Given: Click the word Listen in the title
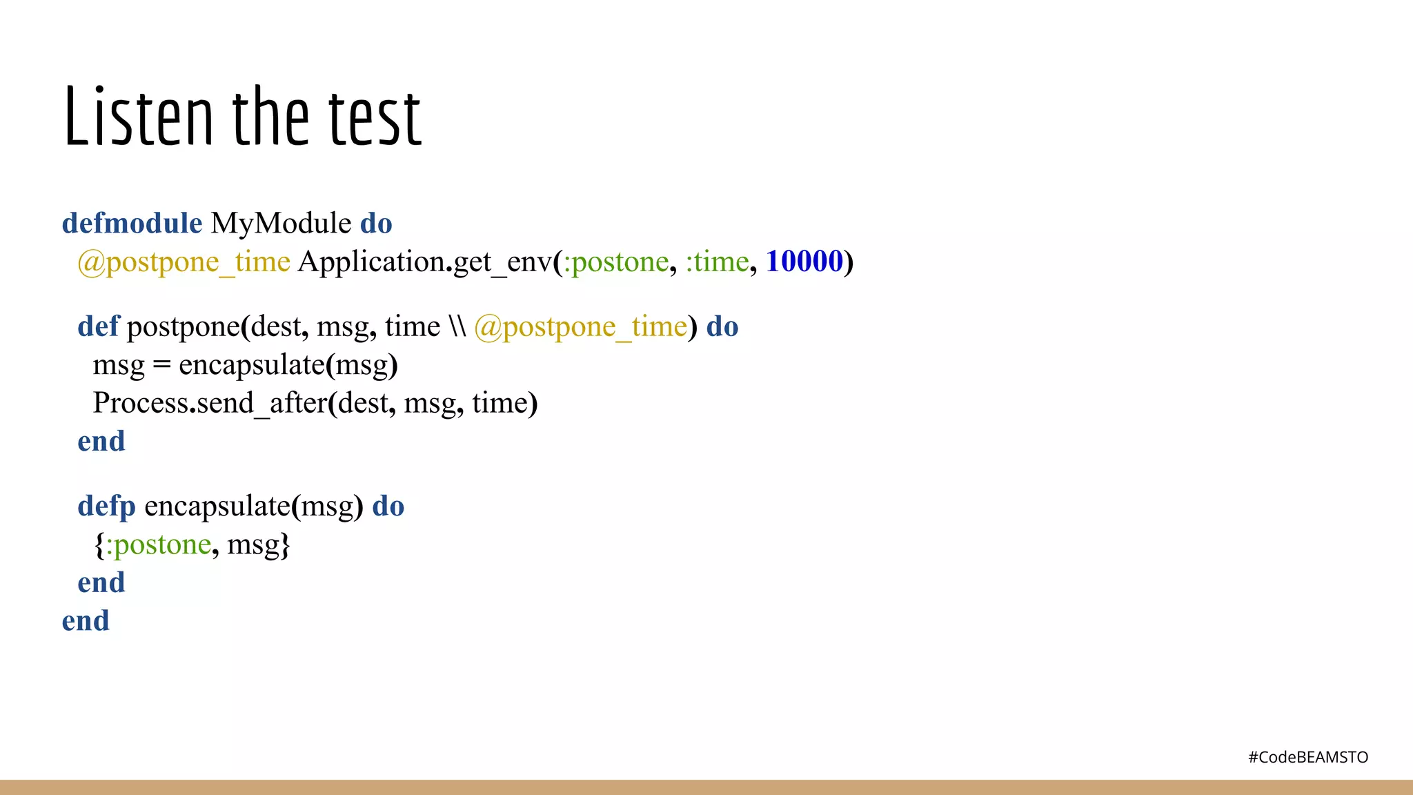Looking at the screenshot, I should [x=138, y=117].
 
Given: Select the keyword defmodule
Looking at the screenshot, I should [x=132, y=224].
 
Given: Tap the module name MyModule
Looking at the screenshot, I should [x=281, y=224].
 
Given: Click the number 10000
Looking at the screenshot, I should [x=804, y=262].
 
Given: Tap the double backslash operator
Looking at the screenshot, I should [x=457, y=326].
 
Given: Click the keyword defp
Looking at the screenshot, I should [x=106, y=507].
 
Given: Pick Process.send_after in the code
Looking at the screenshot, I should [x=210, y=403].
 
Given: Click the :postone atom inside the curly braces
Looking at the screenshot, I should [x=158, y=544].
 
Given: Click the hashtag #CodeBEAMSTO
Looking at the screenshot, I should [x=1307, y=757].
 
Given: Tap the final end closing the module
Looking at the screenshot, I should [x=86, y=621].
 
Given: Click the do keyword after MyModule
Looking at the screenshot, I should [x=376, y=224].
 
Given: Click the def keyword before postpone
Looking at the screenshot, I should [x=98, y=326].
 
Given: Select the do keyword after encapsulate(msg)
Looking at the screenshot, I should [x=388, y=507].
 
